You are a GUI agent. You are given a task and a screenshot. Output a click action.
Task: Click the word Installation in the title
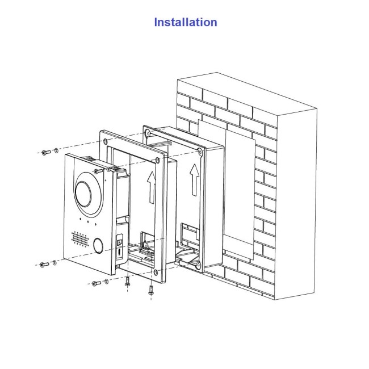point(185,22)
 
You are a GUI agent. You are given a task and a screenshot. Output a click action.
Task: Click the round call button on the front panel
point(98,245)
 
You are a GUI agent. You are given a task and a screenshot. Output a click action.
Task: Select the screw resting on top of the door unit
point(99,170)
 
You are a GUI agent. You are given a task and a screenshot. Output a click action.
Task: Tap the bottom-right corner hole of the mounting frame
point(156,273)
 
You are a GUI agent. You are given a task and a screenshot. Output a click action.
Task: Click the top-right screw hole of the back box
point(200,152)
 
